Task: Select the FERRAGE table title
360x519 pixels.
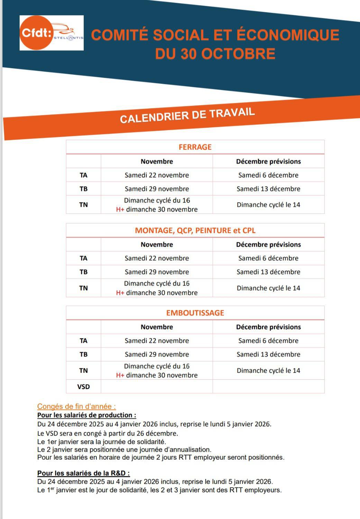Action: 195,147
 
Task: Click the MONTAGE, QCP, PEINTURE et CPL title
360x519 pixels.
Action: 195,230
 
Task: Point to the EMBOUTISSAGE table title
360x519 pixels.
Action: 195,313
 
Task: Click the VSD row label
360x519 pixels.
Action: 83,387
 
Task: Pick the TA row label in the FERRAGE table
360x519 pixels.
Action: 83,175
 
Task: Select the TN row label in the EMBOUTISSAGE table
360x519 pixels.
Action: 83,371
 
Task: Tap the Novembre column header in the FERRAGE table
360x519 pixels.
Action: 157,161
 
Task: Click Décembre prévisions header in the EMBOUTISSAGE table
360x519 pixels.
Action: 268,327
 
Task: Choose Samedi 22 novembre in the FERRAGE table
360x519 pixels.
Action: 157,175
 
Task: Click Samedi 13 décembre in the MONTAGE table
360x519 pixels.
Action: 268,272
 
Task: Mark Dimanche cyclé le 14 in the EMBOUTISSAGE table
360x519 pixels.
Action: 268,371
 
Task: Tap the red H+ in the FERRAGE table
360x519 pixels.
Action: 120,210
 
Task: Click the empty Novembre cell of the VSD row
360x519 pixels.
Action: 157,387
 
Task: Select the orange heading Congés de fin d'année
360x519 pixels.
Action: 76,407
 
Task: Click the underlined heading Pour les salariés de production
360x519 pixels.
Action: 86,415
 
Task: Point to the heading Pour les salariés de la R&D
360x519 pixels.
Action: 83,473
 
